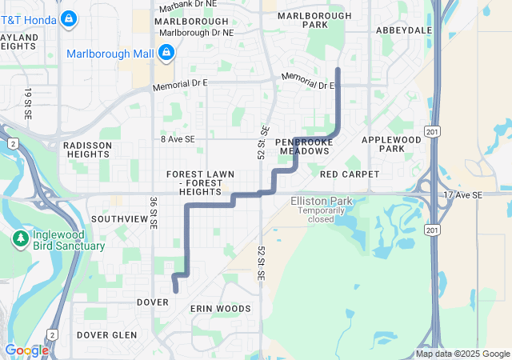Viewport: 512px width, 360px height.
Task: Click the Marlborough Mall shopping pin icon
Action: point(166,54)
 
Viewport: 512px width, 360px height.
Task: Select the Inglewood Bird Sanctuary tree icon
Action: point(19,238)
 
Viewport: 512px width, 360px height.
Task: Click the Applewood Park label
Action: point(391,144)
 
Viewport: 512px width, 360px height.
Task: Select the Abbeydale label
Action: point(404,30)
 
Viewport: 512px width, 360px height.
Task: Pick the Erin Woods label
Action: point(220,308)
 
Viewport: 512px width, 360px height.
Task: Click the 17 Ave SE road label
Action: point(464,194)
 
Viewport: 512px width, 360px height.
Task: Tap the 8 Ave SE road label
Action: point(177,139)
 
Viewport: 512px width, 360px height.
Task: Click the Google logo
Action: point(26,350)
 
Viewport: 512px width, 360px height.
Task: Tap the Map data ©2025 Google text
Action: point(462,354)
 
